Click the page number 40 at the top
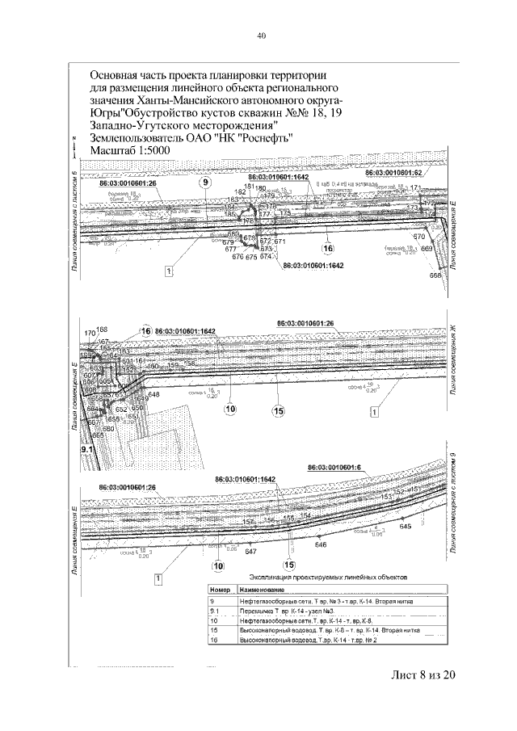click(261, 36)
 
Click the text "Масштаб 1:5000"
click(139, 150)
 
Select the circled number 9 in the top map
click(205, 183)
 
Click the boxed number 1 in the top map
click(170, 271)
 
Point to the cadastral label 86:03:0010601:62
click(395, 173)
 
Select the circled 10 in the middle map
click(230, 409)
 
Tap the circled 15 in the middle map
click(279, 412)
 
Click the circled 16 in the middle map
click(146, 331)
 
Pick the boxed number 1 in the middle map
click(373, 412)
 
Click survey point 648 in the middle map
click(153, 394)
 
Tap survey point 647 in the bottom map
click(250, 551)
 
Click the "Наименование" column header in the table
click(263, 590)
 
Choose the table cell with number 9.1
click(215, 612)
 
